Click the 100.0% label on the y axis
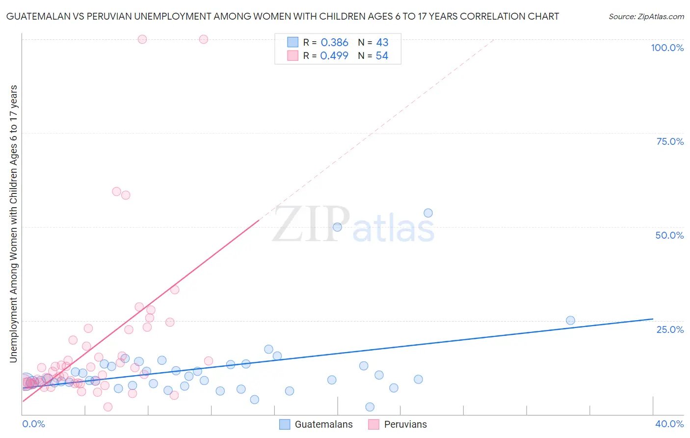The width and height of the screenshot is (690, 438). (667, 48)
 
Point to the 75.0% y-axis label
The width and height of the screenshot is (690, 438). (670, 141)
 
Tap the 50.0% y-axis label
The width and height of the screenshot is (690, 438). (669, 235)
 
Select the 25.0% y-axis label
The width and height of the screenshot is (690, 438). (670, 329)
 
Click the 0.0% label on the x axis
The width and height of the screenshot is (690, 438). (33, 424)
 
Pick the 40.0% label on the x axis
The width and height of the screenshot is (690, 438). (669, 424)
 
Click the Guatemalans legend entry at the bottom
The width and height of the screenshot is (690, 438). (323, 425)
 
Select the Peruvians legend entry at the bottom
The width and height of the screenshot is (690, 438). (405, 425)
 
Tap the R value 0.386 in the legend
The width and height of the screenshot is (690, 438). (334, 43)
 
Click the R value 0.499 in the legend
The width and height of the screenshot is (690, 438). (334, 56)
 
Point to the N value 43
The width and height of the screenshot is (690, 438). (382, 43)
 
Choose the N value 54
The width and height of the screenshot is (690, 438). (382, 56)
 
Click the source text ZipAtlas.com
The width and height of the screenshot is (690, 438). (646, 17)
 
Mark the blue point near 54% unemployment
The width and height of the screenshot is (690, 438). (428, 213)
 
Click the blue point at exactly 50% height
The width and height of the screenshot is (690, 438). (337, 227)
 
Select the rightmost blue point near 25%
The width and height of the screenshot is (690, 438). (570, 320)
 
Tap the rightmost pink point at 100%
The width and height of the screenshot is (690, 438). (204, 39)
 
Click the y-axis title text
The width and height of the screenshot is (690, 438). (13, 224)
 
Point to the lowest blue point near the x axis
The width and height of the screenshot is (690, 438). (370, 407)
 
